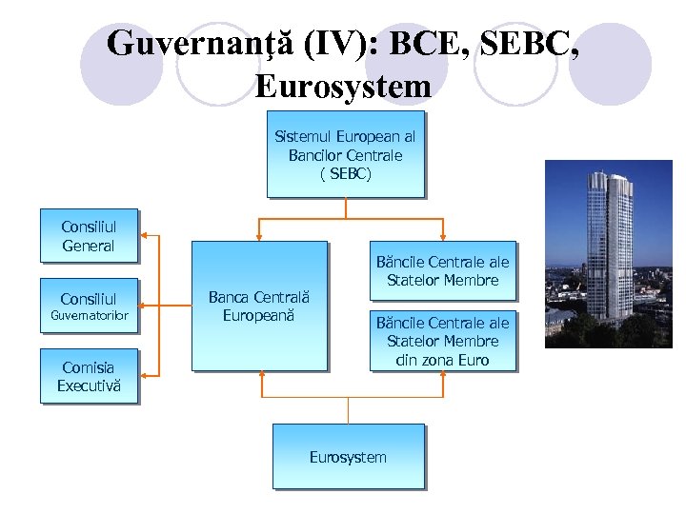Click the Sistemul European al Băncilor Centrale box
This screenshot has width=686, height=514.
coord(345,154)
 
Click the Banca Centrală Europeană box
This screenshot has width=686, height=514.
coord(259,305)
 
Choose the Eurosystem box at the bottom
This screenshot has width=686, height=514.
coord(348,457)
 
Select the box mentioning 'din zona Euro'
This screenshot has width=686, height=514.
coord(443,341)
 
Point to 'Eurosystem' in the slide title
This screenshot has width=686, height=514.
coord(343,87)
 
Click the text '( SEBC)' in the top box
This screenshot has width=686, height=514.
coord(345,174)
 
